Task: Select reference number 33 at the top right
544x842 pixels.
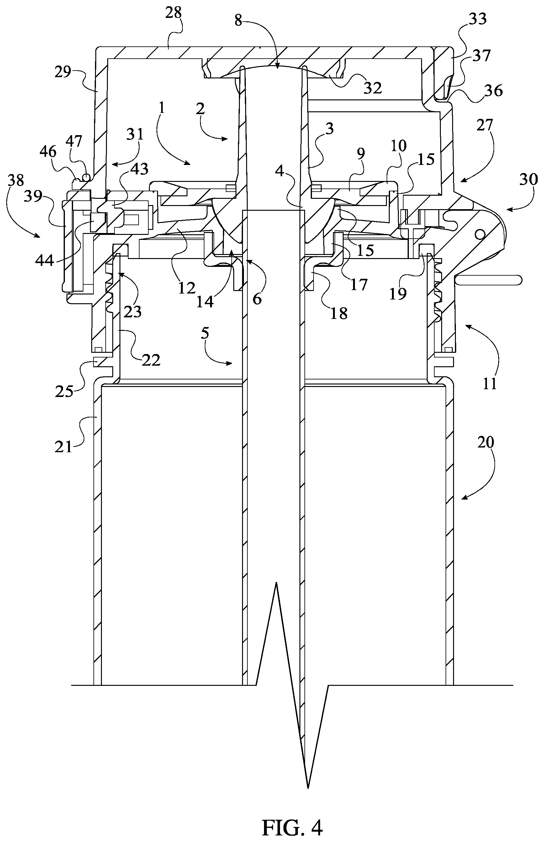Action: point(478,19)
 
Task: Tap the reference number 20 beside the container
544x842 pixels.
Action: point(486,442)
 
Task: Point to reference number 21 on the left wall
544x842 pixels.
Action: point(64,447)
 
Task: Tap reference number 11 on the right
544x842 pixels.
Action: point(490,384)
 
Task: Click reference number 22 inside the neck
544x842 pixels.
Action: point(151,360)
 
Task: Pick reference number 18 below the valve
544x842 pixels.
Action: point(339,313)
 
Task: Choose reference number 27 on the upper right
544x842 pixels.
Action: point(484,125)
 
